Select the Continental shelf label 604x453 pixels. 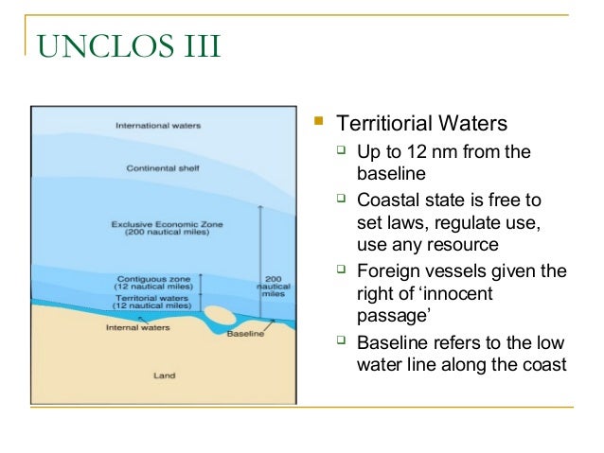pos(156,168)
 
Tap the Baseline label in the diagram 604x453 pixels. pos(244,334)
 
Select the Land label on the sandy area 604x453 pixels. pos(165,375)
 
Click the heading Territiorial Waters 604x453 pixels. pos(423,124)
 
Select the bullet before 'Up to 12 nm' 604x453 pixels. pos(342,150)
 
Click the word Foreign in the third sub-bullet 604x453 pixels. pos(386,271)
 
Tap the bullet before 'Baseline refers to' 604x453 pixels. pos(342,341)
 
